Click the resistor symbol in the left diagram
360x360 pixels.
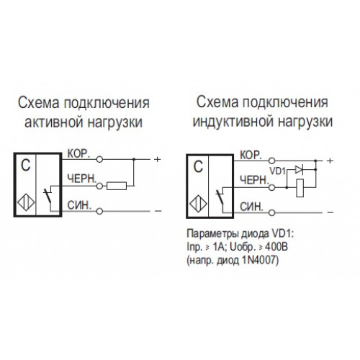pos(117,186)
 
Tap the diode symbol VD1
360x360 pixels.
pos(299,170)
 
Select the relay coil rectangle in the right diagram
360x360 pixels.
pos(300,188)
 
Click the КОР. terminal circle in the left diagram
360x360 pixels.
pos(99,159)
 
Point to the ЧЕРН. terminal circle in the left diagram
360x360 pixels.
pos(99,186)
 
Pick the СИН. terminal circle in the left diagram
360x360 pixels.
pos(99,211)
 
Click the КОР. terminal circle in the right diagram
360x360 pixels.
pos(271,161)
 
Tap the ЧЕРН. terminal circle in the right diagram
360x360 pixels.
pos(271,187)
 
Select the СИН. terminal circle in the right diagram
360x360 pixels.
pos(271,212)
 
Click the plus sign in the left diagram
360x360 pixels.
pos(157,159)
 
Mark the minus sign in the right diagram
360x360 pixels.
pos(330,212)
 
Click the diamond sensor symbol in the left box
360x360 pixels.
pos(26,203)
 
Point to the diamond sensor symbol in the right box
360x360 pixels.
pos(198,204)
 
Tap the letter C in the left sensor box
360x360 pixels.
pos(26,165)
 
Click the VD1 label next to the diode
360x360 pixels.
pos(277,171)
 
